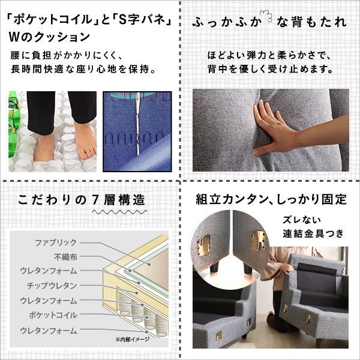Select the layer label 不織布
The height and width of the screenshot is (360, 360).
point(65,256)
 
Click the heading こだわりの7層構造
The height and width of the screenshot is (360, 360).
point(81,199)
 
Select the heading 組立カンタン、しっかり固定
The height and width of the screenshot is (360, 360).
point(271,199)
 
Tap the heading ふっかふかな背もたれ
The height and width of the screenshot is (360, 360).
point(269,23)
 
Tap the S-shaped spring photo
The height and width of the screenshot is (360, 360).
point(137,131)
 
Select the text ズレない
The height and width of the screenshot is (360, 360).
point(300,220)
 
